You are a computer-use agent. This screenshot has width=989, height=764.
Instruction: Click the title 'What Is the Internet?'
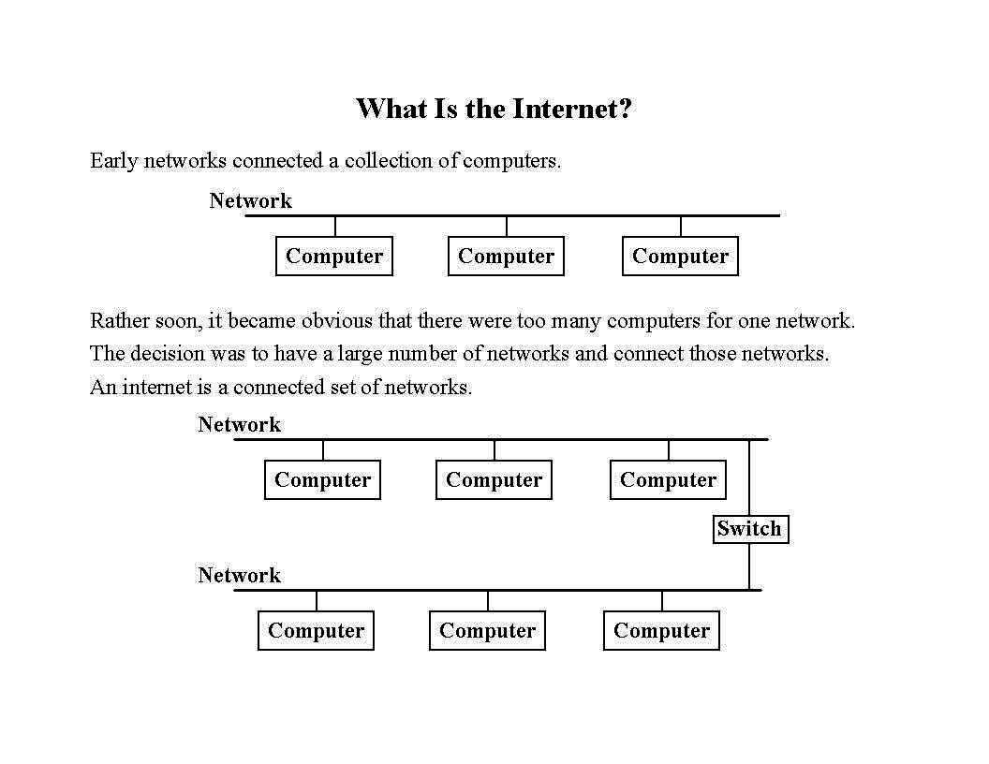pos(494,109)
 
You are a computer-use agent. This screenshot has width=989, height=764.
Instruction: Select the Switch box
pos(749,529)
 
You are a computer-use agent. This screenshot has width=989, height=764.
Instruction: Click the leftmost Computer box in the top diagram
pos(334,257)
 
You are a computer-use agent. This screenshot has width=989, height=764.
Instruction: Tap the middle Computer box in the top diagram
pos(506,257)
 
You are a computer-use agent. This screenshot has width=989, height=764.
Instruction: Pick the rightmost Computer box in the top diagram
pos(680,257)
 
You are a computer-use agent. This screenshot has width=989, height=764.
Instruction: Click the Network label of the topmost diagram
pos(250,200)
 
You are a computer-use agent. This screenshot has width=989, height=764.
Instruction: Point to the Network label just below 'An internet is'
pos(239,424)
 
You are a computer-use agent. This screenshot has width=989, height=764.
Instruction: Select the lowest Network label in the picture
pos(239,575)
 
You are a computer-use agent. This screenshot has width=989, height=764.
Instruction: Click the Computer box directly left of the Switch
pos(668,480)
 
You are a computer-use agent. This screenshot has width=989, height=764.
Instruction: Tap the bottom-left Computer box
pos(316,631)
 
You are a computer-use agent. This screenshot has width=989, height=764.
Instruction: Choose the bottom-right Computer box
pos(661,631)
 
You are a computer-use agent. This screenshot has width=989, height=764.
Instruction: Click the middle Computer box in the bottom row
pos(487,631)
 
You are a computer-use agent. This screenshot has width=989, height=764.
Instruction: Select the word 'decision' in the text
pos(164,354)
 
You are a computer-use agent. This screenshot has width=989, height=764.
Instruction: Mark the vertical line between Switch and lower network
pos(749,566)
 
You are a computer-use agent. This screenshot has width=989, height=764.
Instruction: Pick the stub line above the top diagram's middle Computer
pos(507,227)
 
